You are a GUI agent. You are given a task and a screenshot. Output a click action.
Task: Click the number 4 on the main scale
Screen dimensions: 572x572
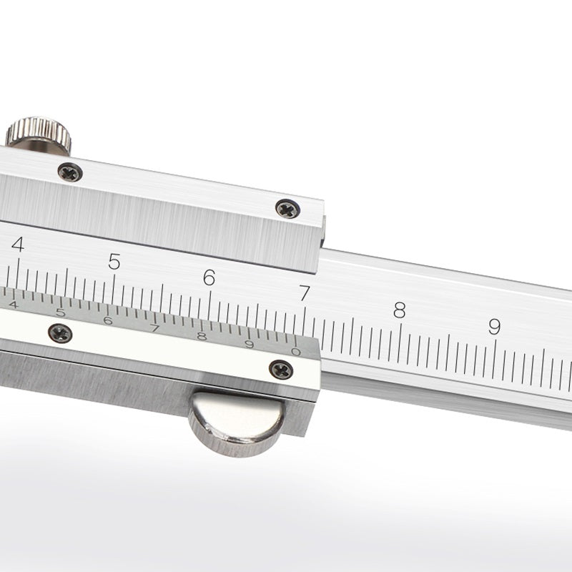pyautogui.click(x=18, y=245)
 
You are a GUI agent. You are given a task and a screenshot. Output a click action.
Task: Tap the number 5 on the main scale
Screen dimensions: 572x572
pyautogui.click(x=114, y=262)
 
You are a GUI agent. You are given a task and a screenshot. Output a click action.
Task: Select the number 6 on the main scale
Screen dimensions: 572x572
pyautogui.click(x=209, y=277)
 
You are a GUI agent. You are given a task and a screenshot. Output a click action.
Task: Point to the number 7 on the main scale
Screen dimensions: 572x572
pyautogui.click(x=305, y=293)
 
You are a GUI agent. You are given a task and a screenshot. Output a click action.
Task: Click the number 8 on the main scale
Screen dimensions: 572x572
pyautogui.click(x=399, y=310)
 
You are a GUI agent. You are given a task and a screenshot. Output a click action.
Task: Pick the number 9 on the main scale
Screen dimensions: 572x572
pyautogui.click(x=494, y=327)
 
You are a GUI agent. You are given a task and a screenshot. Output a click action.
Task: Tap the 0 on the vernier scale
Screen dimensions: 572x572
pyautogui.click(x=296, y=351)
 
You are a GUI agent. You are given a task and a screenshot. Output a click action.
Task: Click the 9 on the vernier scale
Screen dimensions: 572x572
pyautogui.click(x=249, y=345)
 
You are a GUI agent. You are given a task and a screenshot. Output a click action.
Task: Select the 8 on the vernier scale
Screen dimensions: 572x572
pyautogui.click(x=202, y=337)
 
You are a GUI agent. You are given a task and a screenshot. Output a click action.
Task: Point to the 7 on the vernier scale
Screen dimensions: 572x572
pyautogui.click(x=154, y=329)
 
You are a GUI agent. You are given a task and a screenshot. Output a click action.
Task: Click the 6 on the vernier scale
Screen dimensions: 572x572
pyautogui.click(x=107, y=320)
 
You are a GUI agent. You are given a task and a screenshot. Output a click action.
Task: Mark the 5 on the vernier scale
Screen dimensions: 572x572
pyautogui.click(x=60, y=312)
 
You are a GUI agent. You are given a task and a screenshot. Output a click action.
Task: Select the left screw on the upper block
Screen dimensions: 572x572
pyautogui.click(x=69, y=172)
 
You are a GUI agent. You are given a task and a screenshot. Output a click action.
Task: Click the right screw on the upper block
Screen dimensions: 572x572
pyautogui.click(x=287, y=209)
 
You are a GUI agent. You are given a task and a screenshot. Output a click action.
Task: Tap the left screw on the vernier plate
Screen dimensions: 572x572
pyautogui.click(x=60, y=332)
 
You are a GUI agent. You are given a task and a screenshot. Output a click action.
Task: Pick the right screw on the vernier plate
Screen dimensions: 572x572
pyautogui.click(x=281, y=369)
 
